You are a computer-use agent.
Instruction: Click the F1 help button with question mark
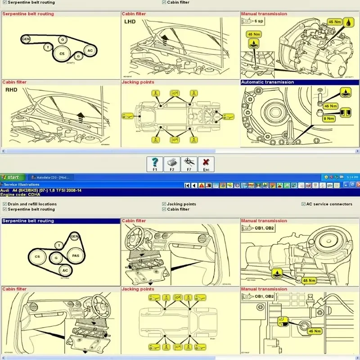(155, 164)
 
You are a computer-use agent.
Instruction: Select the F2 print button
(172, 164)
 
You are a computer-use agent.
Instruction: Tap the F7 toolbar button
(189, 164)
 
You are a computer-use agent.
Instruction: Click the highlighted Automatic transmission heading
(267, 82)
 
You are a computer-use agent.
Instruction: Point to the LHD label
(130, 21)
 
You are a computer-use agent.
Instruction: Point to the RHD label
(11, 90)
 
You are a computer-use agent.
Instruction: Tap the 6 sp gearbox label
(258, 21)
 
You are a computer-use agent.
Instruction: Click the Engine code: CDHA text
(21, 194)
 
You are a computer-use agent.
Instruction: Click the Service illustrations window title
(22, 184)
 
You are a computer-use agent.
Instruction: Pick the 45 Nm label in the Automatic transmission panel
(330, 106)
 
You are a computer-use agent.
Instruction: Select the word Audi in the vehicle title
(5, 190)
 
